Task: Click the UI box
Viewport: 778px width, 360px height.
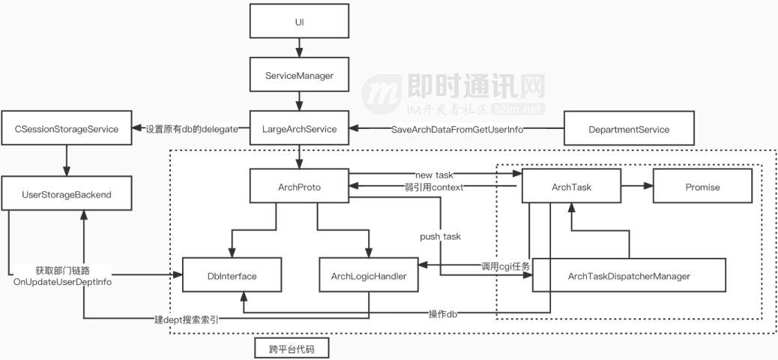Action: click(299, 22)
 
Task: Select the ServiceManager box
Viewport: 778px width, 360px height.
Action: click(299, 76)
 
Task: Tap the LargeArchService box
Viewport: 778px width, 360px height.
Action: click(299, 129)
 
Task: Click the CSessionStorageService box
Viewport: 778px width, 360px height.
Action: click(67, 129)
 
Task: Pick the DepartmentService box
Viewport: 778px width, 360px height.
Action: click(628, 129)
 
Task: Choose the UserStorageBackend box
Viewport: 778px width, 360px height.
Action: click(67, 194)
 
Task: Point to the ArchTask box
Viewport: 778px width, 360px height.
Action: click(570, 187)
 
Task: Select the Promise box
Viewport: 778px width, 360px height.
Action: click(702, 187)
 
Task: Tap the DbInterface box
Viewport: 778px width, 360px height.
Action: click(231, 276)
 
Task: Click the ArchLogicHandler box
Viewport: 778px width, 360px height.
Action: click(369, 276)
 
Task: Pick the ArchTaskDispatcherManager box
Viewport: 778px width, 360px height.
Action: click(629, 276)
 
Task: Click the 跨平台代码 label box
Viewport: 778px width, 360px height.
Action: click(291, 349)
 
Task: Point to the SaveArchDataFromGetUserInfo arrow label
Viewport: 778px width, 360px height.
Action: click(457, 129)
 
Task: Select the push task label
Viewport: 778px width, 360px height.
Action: click(440, 236)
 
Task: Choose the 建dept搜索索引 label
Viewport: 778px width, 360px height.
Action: click(187, 319)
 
